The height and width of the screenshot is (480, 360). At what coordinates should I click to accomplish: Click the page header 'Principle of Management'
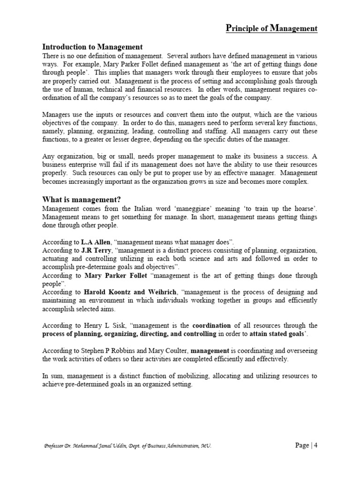271,29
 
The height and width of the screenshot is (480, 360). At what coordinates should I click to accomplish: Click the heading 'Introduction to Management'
92,47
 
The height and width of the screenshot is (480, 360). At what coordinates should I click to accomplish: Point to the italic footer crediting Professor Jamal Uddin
127,446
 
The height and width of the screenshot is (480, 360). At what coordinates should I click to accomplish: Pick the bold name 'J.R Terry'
97,250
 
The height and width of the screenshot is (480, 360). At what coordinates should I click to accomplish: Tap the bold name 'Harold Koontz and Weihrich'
140,292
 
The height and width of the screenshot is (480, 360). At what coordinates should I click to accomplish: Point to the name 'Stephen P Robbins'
109,351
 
